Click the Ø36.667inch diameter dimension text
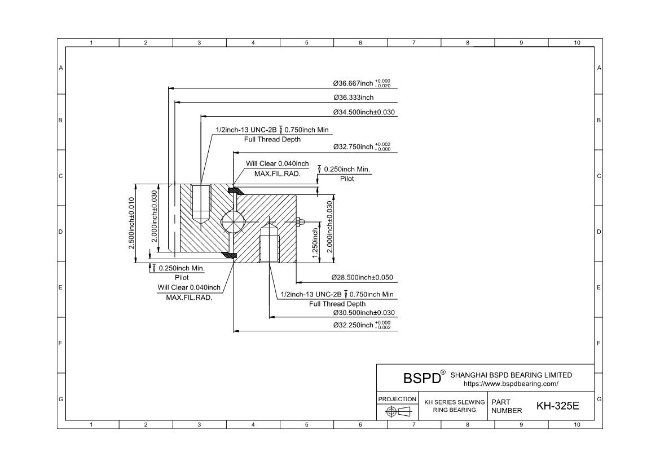click(361, 83)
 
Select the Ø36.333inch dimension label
click(353, 97)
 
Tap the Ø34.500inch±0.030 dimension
click(364, 112)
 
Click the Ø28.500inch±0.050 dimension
click(362, 278)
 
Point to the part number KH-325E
click(557, 406)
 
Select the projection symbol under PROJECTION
click(397, 412)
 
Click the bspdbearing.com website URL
click(511, 384)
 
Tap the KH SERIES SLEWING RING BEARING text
click(454, 406)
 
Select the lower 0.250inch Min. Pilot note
click(181, 272)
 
